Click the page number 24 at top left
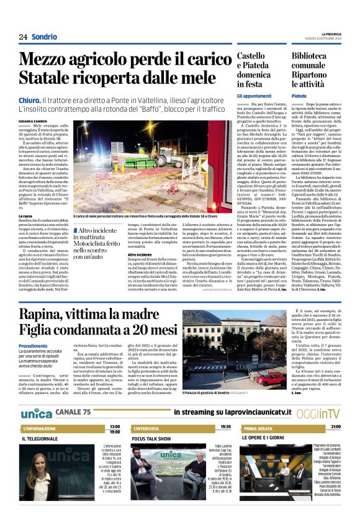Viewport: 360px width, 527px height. (22, 37)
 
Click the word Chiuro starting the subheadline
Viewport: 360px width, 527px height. (29, 99)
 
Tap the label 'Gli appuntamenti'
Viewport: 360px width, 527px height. (254, 96)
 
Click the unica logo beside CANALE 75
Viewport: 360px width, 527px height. (37, 412)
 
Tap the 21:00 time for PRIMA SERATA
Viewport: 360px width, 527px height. (335, 427)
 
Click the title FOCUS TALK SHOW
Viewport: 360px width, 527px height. (151, 439)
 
